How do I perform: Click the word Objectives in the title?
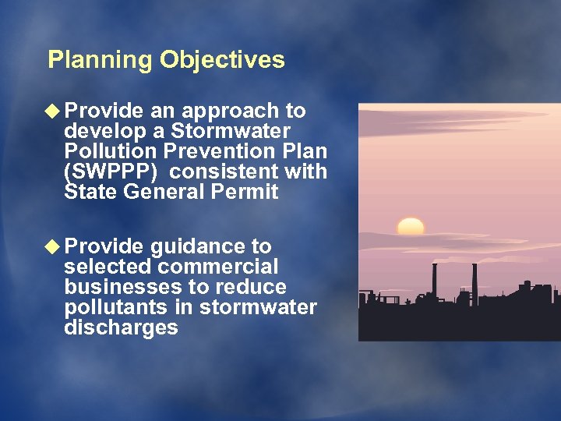click(x=222, y=60)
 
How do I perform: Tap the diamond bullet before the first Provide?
click(x=55, y=111)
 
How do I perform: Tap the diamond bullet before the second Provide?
click(x=55, y=247)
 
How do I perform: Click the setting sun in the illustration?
click(x=411, y=226)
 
